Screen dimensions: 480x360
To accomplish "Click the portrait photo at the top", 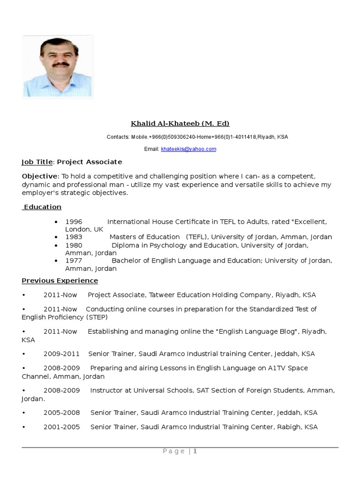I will point(57,67).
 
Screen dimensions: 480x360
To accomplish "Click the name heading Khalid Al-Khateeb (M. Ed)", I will point(180,124).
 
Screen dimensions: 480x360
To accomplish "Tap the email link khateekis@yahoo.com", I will point(188,149).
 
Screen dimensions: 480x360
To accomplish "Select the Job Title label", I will point(37,162).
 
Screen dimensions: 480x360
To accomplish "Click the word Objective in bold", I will point(39,176).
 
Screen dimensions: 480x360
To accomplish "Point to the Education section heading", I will point(42,207).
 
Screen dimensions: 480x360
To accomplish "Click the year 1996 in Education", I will point(74,222).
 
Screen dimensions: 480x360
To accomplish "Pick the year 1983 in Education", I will point(74,237).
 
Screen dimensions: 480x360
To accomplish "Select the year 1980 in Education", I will point(74,245).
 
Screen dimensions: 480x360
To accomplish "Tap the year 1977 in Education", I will point(74,261).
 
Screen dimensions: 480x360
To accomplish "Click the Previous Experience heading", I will point(60,281).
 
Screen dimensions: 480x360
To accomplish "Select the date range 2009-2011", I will point(61,354).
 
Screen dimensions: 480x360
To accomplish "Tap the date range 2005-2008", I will point(61,413).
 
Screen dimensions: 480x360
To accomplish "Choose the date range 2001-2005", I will point(61,427).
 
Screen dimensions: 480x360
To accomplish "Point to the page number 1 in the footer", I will point(195,451).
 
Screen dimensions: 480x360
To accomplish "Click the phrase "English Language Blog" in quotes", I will point(257,331).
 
